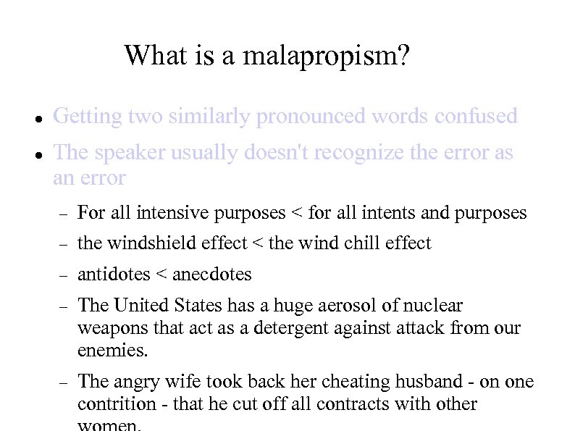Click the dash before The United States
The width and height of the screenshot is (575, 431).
64,306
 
